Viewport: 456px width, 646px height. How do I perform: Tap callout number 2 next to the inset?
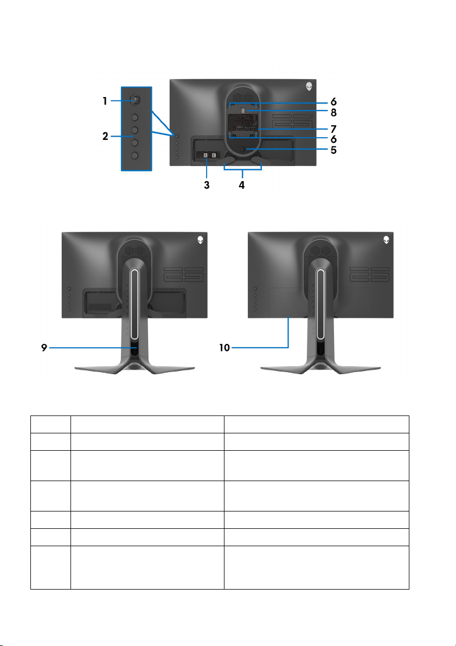coord(106,137)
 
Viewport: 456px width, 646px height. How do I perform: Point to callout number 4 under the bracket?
coord(242,184)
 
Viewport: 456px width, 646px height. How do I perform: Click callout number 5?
coord(333,150)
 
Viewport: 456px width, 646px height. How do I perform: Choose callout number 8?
coord(333,113)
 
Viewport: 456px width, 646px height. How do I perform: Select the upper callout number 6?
coord(333,101)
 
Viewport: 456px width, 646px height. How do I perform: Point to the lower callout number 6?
coord(333,139)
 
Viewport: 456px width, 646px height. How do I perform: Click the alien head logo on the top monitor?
coord(309,86)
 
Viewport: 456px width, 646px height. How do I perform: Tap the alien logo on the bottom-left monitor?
coord(200,239)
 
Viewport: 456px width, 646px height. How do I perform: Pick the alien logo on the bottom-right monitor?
coord(386,239)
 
